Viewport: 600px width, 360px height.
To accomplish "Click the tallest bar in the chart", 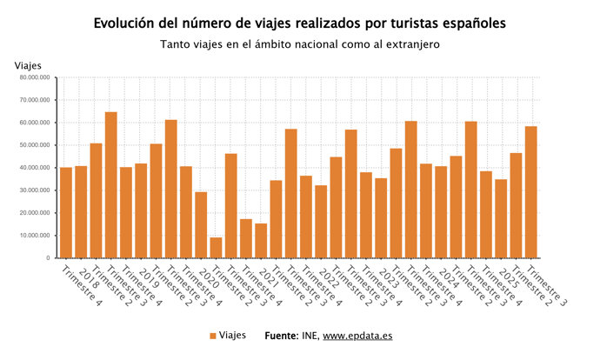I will pos(110,185).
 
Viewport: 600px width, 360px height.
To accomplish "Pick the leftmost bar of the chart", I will pos(65,212).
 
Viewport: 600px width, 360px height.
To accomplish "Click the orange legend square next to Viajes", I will pos(212,336).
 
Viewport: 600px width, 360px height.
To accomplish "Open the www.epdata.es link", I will pos(357,336).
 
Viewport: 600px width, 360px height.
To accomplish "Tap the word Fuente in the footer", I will pos(282,336).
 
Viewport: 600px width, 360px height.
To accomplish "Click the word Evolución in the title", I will pos(127,22).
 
